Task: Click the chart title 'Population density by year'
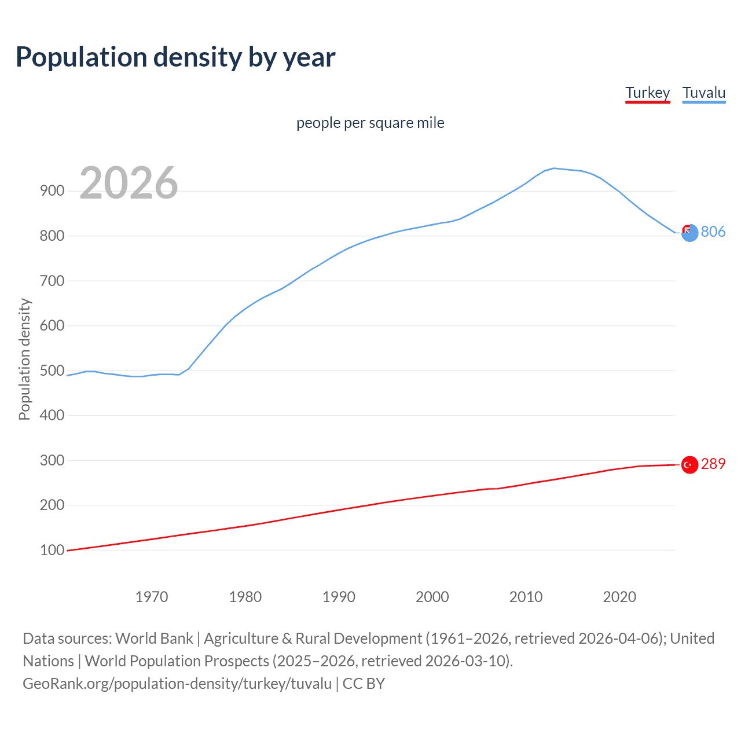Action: point(175,57)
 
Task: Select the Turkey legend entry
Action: point(647,93)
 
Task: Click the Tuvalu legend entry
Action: point(703,93)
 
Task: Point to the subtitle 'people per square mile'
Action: point(370,123)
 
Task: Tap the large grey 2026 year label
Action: point(129,183)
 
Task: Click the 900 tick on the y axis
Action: point(52,191)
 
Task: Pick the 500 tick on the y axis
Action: point(52,370)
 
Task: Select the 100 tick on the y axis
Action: point(52,550)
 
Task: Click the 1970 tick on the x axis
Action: point(152,597)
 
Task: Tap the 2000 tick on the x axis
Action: point(432,597)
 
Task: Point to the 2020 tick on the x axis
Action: point(619,597)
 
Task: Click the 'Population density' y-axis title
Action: point(24,359)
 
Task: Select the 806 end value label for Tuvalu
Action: point(713,232)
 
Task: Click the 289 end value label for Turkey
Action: point(713,464)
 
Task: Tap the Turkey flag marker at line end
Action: point(689,464)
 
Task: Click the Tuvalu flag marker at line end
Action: point(689,233)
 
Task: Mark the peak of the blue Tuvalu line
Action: point(554,168)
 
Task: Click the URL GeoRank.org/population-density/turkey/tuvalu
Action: point(177,684)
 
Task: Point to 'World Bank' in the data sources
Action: point(154,639)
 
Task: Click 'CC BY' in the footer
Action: point(364,684)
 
